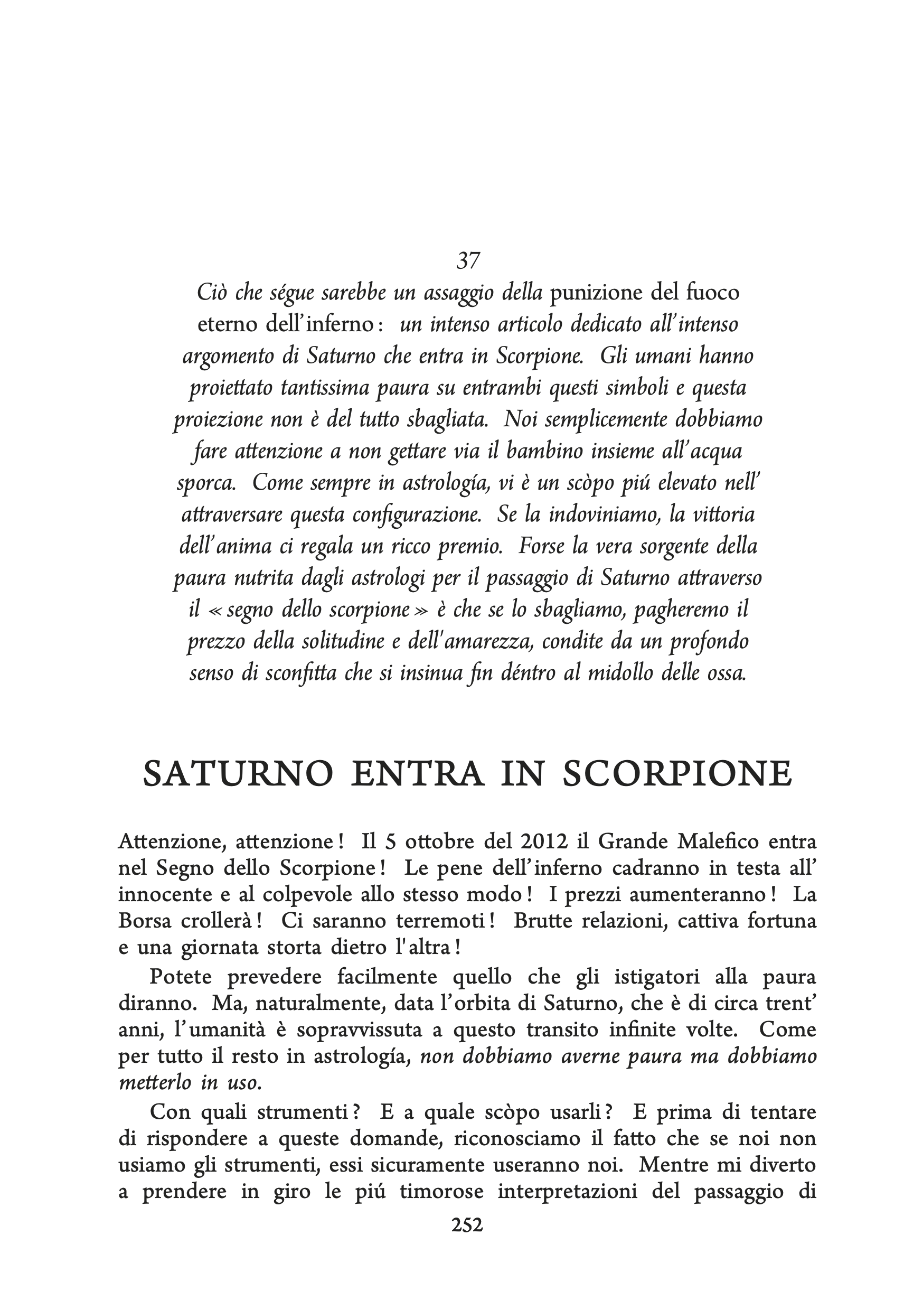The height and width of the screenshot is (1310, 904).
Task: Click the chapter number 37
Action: pos(468,260)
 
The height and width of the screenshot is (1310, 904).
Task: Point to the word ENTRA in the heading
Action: pos(418,774)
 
